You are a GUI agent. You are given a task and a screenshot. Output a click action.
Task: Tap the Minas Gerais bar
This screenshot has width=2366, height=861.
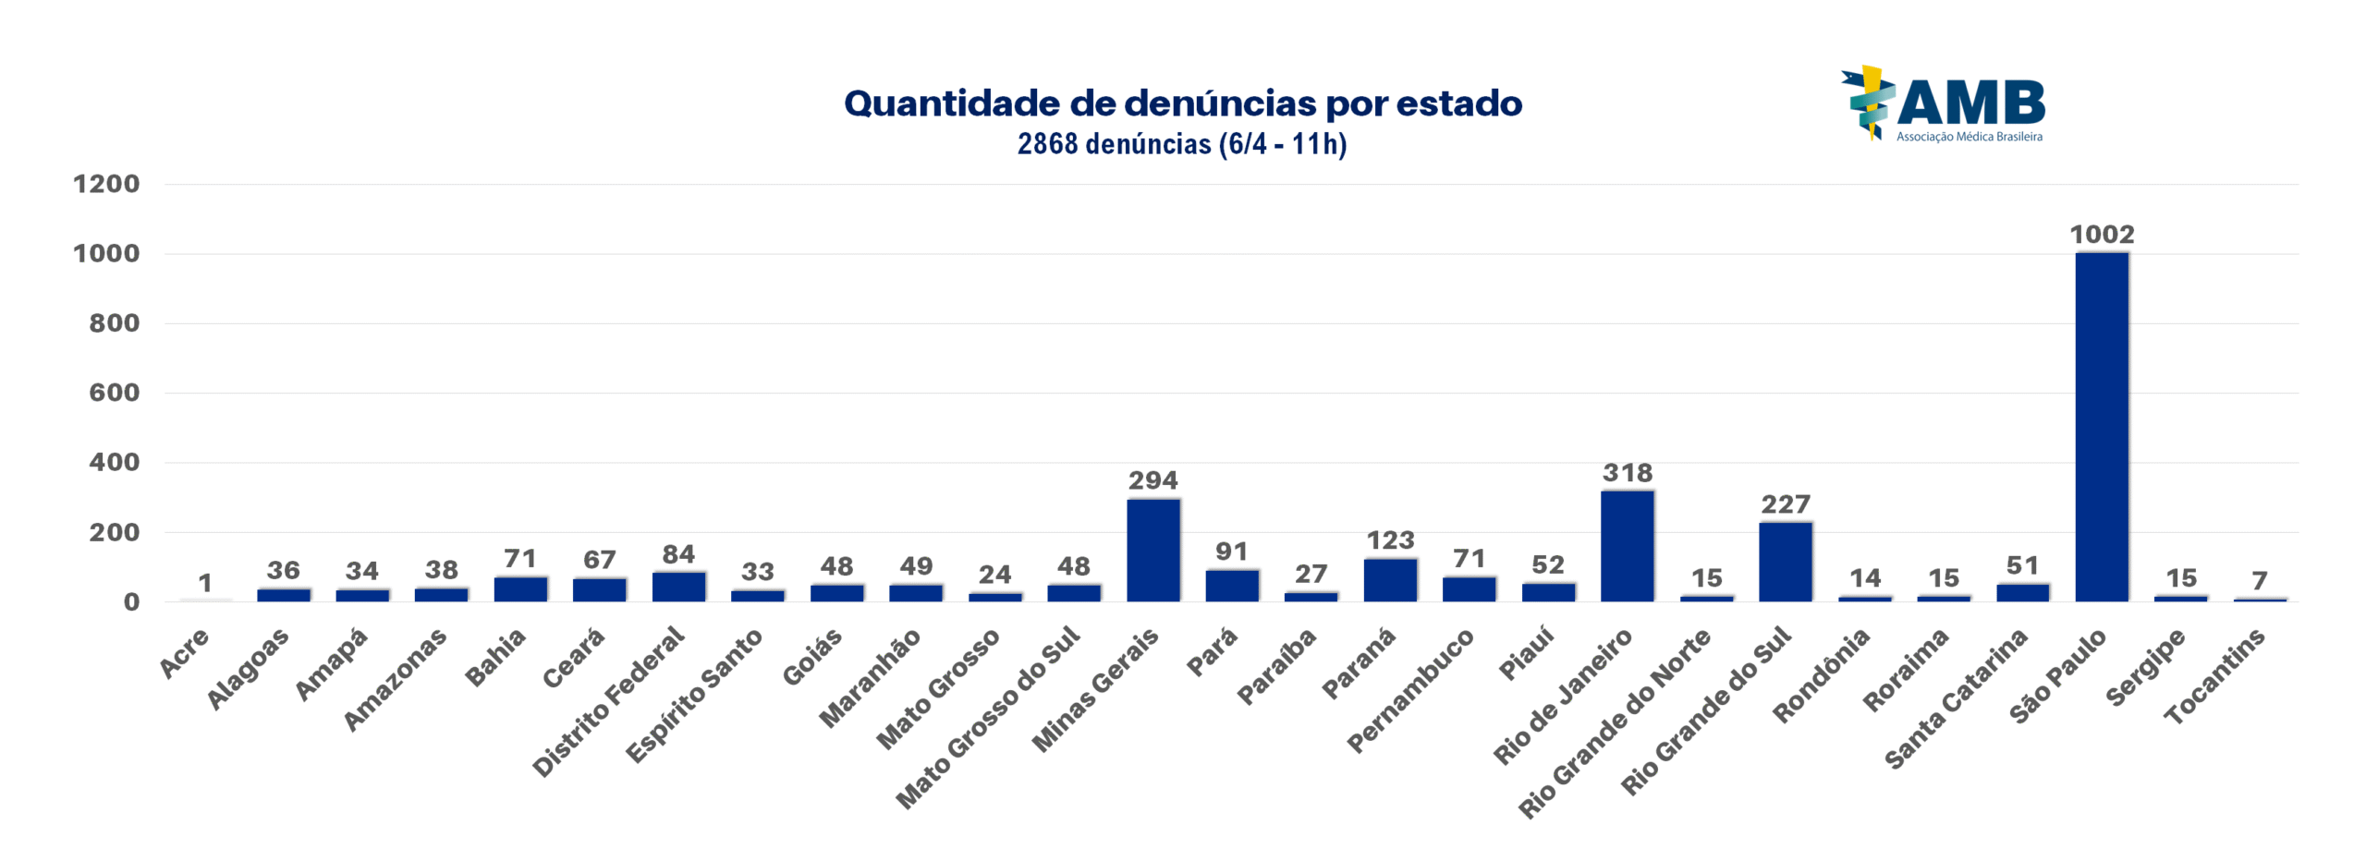pyautogui.click(x=1153, y=550)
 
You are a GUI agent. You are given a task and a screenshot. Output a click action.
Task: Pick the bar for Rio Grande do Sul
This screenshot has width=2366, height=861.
pyautogui.click(x=1785, y=562)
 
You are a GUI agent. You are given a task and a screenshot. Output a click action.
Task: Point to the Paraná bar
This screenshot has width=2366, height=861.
pyautogui.click(x=1389, y=579)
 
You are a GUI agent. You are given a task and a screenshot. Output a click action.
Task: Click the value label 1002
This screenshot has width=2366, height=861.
pyautogui.click(x=2101, y=235)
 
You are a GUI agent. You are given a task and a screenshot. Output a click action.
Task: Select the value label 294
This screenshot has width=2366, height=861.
pyautogui.click(x=1153, y=480)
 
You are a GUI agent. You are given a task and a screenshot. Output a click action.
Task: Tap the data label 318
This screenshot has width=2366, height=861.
pyautogui.click(x=1627, y=473)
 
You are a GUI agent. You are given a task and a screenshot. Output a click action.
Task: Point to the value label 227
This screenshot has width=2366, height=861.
pyautogui.click(x=1785, y=504)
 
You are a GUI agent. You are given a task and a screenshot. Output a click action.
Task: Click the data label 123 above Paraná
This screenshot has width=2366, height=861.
pyautogui.click(x=1390, y=540)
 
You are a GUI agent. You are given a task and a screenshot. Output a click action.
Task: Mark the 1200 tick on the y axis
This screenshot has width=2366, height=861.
pyautogui.click(x=106, y=184)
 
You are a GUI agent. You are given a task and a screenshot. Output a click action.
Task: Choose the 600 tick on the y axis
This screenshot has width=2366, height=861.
pyautogui.click(x=114, y=393)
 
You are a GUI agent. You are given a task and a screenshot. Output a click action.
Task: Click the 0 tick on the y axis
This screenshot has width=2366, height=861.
pyautogui.click(x=131, y=602)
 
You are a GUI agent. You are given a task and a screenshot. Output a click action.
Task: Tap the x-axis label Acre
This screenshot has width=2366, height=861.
pyautogui.click(x=185, y=652)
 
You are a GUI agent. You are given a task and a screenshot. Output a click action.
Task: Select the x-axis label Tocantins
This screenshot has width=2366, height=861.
pyautogui.click(x=2214, y=674)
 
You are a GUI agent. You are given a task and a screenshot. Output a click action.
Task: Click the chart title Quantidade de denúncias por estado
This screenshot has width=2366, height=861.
pyautogui.click(x=1182, y=103)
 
